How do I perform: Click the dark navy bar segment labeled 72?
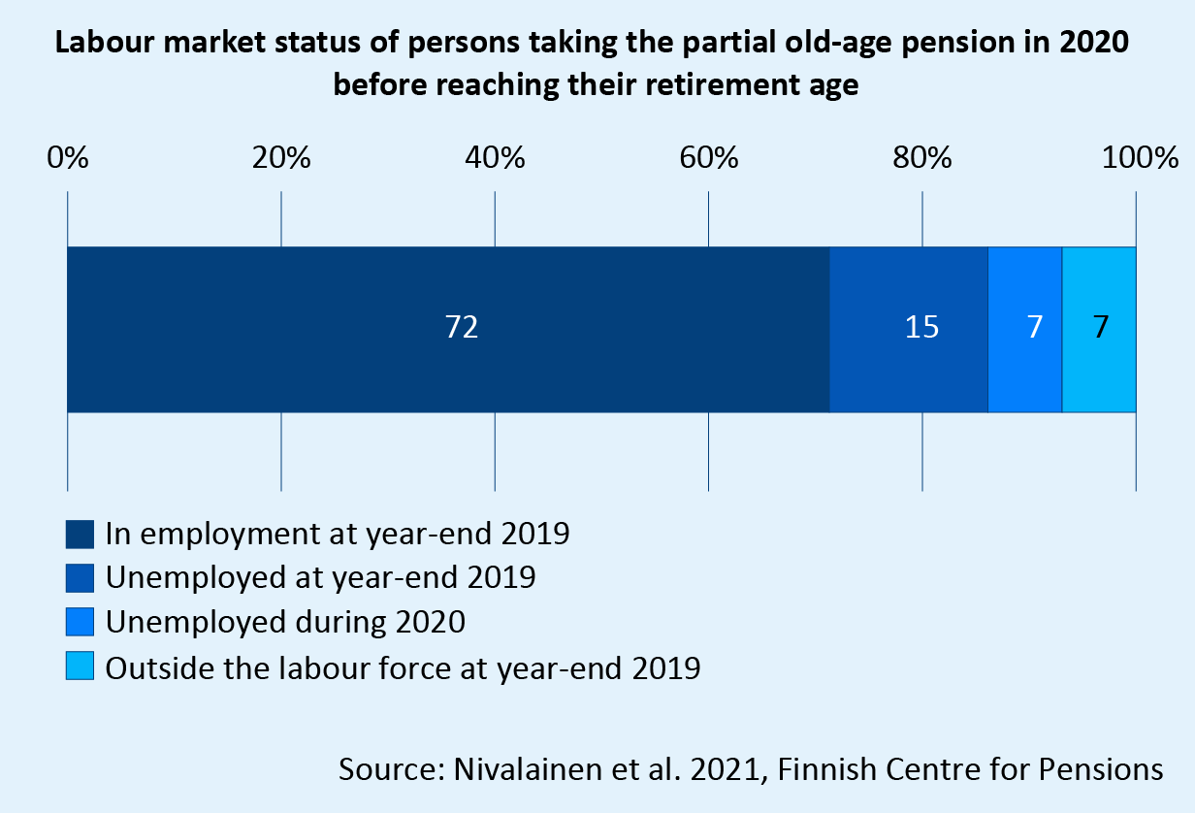point(448,329)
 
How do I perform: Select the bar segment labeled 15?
point(909,329)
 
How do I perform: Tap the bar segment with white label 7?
point(1025,329)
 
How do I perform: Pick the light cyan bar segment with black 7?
point(1099,329)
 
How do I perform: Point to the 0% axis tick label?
point(67,157)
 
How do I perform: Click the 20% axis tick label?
point(281,157)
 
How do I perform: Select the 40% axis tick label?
point(495,157)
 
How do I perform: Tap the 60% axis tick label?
point(709,157)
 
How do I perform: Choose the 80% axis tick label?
point(922,157)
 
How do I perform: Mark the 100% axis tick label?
point(1136,157)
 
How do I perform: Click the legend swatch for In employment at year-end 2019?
point(80,535)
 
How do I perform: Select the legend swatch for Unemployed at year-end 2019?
point(80,578)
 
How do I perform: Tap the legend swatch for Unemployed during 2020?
point(80,622)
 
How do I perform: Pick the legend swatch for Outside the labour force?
point(80,667)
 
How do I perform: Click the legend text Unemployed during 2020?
point(285,622)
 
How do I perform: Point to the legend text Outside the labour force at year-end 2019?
point(403,667)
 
